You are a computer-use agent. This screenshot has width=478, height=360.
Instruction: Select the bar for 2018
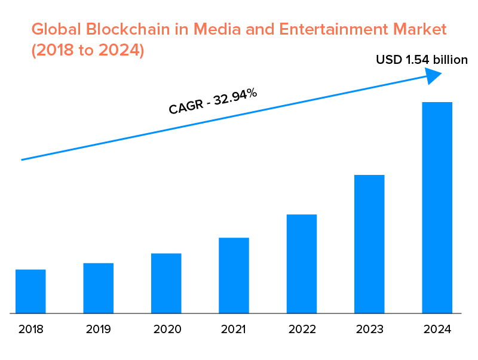click(x=30, y=291)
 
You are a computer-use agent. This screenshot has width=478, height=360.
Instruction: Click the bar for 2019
click(x=98, y=288)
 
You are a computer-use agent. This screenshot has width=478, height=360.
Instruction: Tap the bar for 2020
click(x=166, y=283)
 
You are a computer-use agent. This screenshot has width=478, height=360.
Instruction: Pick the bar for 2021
click(x=234, y=275)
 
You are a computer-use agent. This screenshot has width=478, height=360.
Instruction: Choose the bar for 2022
click(x=302, y=263)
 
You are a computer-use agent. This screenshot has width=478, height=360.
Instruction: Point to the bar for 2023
click(x=369, y=244)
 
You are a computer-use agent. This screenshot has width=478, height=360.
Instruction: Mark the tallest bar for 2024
click(x=437, y=207)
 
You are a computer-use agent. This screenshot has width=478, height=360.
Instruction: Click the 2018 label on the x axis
click(x=30, y=329)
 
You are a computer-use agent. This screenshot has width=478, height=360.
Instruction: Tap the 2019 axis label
click(x=98, y=329)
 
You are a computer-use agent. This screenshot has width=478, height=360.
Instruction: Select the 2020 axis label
click(x=166, y=329)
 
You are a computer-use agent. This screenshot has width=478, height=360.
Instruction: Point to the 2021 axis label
click(x=234, y=329)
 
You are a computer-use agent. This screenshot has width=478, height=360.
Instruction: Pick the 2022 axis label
click(x=302, y=329)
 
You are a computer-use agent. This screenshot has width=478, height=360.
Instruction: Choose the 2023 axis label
click(x=369, y=329)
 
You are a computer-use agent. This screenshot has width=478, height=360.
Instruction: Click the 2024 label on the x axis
click(x=437, y=329)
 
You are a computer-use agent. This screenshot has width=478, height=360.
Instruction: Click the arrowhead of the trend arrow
click(x=433, y=74)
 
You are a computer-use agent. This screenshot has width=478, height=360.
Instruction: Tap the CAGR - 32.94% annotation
click(x=213, y=100)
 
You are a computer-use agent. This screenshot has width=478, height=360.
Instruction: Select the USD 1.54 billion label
click(x=421, y=60)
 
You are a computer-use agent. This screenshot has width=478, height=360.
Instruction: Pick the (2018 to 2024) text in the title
click(x=88, y=50)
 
